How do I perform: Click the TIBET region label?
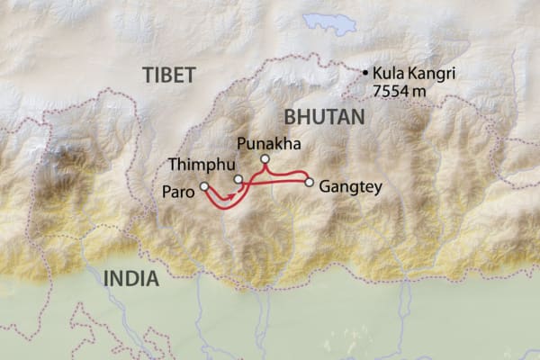(167, 76)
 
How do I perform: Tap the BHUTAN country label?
(323, 117)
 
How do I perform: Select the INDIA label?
(130, 278)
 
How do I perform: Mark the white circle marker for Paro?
(204, 187)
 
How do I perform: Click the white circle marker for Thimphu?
(238, 179)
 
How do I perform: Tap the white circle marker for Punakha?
(265, 159)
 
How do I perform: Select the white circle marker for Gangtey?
(310, 183)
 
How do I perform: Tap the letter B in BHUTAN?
(290, 117)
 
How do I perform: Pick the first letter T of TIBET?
(145, 76)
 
